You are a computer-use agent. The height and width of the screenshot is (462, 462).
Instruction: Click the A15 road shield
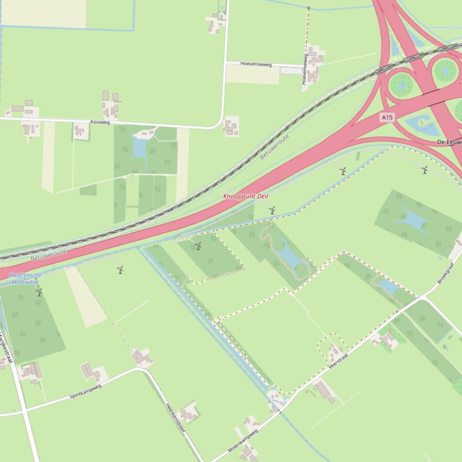tap(387, 118)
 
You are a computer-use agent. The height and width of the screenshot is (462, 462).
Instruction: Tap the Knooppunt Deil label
tap(246, 197)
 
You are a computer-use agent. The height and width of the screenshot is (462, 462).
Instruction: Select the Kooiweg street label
tap(100, 122)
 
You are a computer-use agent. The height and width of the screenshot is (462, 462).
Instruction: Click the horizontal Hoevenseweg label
tap(256, 64)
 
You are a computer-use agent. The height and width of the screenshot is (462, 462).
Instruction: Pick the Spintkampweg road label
tap(85, 391)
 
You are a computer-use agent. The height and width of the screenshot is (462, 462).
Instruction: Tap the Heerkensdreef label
tap(175, 421)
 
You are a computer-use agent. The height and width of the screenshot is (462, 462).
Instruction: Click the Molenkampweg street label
tap(242, 440)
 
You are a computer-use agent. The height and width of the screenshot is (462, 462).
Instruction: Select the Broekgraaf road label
tap(448, 272)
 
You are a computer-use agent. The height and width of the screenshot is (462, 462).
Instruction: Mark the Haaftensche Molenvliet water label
tap(24, 278)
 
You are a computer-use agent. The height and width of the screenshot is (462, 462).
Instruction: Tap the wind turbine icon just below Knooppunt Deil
tap(272, 211)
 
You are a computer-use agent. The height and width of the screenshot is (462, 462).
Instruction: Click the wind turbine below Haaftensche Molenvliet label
tap(40, 292)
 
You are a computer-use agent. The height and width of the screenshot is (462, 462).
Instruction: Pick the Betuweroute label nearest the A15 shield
tap(275, 146)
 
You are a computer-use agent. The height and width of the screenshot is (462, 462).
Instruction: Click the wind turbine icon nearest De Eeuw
tap(425, 170)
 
